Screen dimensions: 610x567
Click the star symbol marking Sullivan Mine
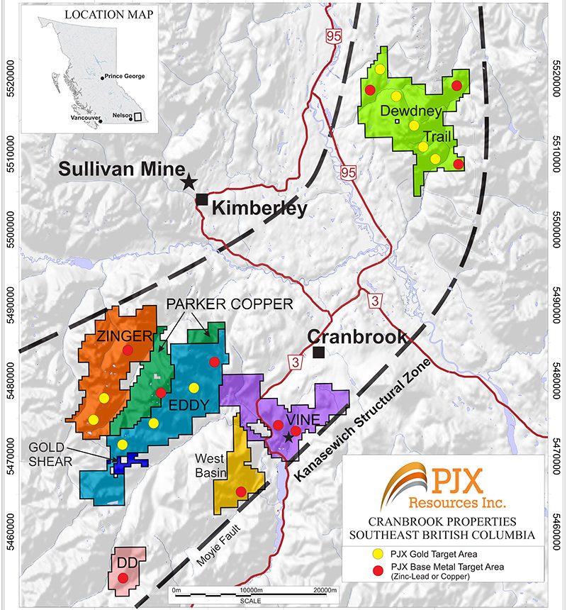click(x=189, y=182)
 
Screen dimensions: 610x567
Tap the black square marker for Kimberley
click(x=202, y=199)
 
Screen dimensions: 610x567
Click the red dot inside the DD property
click(x=123, y=578)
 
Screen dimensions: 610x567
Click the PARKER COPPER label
click(x=228, y=304)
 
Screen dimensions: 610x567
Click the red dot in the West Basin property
click(x=241, y=492)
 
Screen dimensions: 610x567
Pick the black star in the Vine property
click(x=288, y=437)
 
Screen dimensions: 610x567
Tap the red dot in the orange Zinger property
click(x=128, y=350)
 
